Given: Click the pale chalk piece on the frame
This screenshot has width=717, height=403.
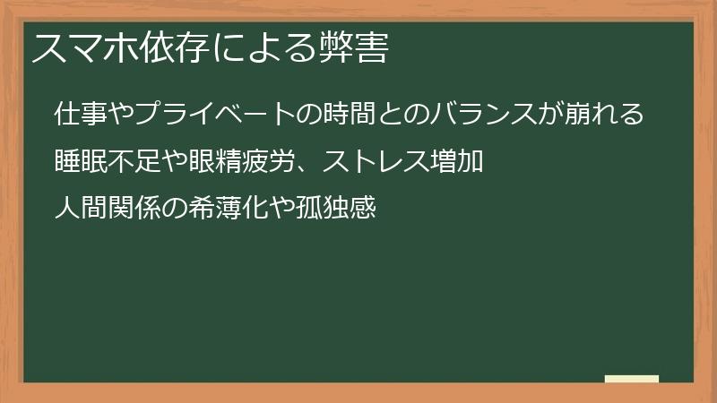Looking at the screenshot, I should click(632, 379).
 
